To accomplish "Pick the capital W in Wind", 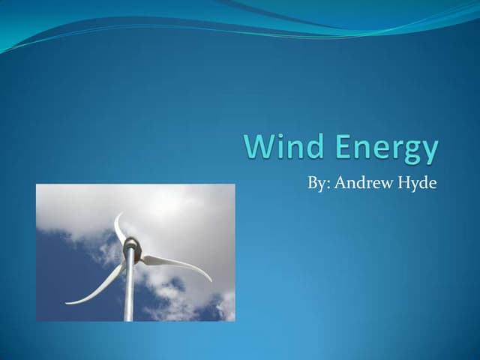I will [x=257, y=148].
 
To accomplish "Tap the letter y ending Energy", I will [x=429, y=152].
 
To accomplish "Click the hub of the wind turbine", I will [x=131, y=244].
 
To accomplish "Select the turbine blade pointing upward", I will [x=120, y=229].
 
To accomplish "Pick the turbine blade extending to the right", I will [x=176, y=265].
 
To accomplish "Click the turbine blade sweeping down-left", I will [x=97, y=285].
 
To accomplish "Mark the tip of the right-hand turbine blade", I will [x=211, y=282].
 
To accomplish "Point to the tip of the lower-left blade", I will [x=67, y=302].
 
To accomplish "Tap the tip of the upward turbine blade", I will [x=116, y=214].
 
